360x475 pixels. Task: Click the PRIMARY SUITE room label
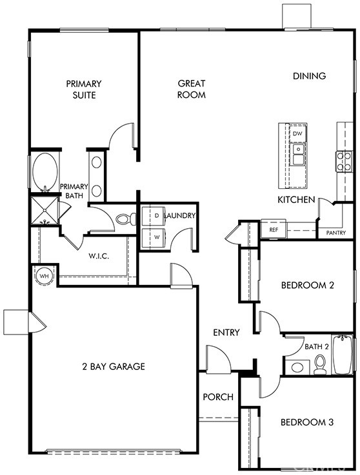pos(84,90)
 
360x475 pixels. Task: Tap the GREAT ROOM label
pos(192,89)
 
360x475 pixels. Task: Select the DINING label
pos(309,76)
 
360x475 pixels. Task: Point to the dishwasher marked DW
pos(298,133)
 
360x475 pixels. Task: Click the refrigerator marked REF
pos(274,229)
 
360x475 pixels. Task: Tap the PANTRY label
pos(335,233)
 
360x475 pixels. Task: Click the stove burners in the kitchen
pos(344,162)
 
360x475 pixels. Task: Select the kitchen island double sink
pos(299,155)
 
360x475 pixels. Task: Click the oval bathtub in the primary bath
pos(45,172)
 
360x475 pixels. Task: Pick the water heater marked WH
pos(45,276)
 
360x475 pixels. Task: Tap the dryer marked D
pos(154,216)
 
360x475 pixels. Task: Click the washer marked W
pos(154,238)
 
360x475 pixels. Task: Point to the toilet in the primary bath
pos(126,219)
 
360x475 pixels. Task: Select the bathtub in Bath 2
pos(343,354)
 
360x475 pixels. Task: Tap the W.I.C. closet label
pos(99,256)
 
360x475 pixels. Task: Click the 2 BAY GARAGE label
pos(114,367)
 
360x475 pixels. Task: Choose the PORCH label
pos(218,397)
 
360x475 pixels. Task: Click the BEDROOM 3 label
pos(307,422)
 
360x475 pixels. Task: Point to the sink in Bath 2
pos(297,367)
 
